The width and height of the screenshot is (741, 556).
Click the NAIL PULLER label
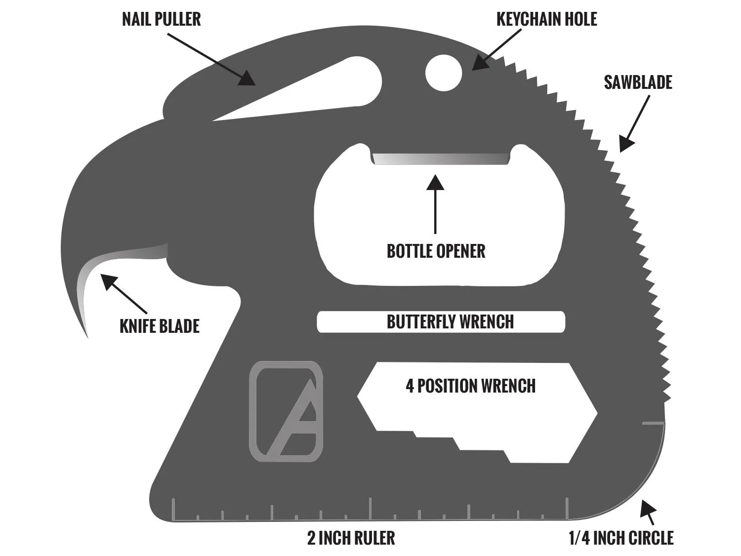[x=162, y=19]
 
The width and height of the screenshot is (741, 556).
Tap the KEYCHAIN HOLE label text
[x=546, y=19]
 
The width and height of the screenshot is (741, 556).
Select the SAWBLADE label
[x=638, y=82]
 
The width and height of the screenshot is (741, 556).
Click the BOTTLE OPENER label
[x=436, y=251]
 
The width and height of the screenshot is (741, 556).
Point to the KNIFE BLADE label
[x=160, y=326]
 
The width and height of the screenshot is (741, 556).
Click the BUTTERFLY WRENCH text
[x=450, y=322]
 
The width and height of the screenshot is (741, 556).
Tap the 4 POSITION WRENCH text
[x=470, y=386]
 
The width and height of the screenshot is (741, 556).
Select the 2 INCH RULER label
[x=351, y=538]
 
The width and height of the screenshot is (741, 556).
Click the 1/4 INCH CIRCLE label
[x=621, y=538]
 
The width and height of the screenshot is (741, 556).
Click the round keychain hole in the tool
[x=444, y=73]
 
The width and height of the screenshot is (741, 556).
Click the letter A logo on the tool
[x=286, y=411]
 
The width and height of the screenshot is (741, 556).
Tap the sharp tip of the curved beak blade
[x=87, y=337]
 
